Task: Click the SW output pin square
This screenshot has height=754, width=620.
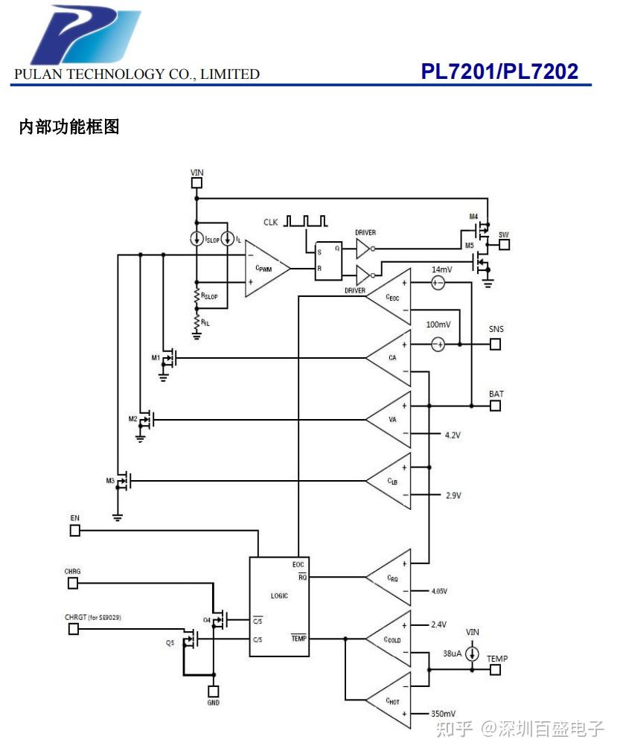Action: click(504, 244)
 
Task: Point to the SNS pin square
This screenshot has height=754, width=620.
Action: click(496, 344)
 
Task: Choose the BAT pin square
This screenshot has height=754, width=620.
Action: click(496, 406)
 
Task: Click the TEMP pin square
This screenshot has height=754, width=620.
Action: click(496, 670)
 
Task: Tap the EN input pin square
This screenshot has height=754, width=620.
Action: click(74, 530)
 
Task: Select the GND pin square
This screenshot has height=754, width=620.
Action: click(214, 691)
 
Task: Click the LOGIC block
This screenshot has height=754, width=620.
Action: click(279, 606)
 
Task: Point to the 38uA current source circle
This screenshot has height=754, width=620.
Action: click(472, 654)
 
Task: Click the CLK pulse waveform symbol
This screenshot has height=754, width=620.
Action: click(306, 221)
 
